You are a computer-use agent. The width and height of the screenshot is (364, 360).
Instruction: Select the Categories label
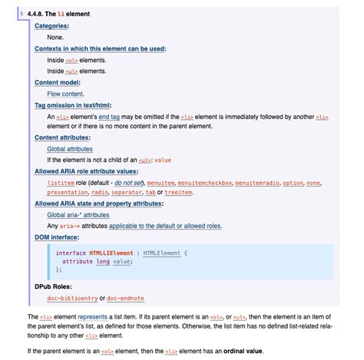click(51, 26)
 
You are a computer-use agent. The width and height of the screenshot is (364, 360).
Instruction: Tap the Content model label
click(58, 82)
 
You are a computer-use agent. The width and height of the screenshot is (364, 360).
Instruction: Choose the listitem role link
click(61, 183)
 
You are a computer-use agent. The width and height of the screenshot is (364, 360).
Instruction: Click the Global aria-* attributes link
click(78, 215)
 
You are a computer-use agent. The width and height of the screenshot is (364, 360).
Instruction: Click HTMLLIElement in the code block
click(112, 252)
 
